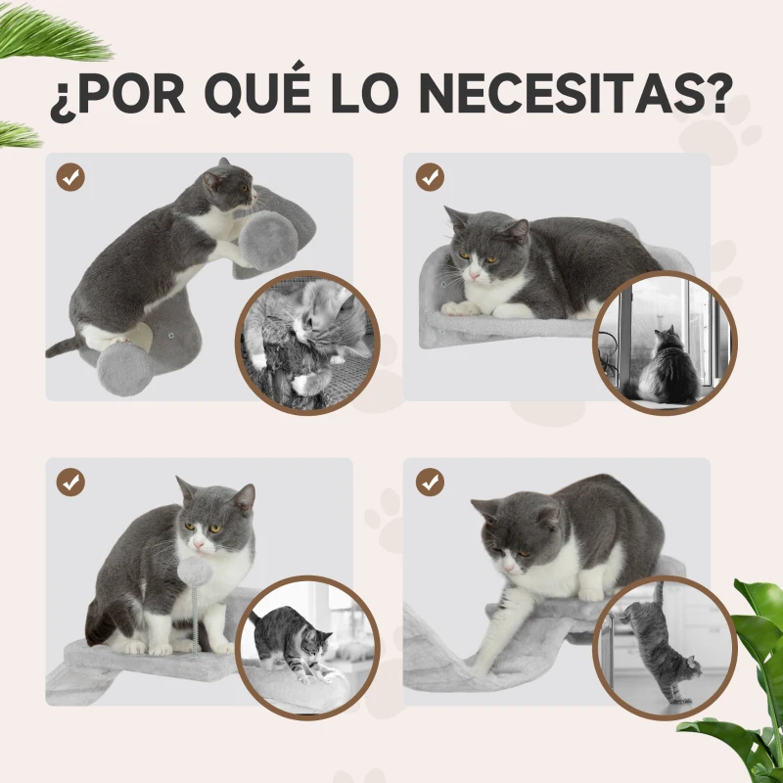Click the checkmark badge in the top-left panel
click(70, 177)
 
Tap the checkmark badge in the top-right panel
click(429, 177)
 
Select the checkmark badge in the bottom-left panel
click(70, 482)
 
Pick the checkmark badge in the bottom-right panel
click(429, 482)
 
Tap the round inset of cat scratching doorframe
click(665, 647)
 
